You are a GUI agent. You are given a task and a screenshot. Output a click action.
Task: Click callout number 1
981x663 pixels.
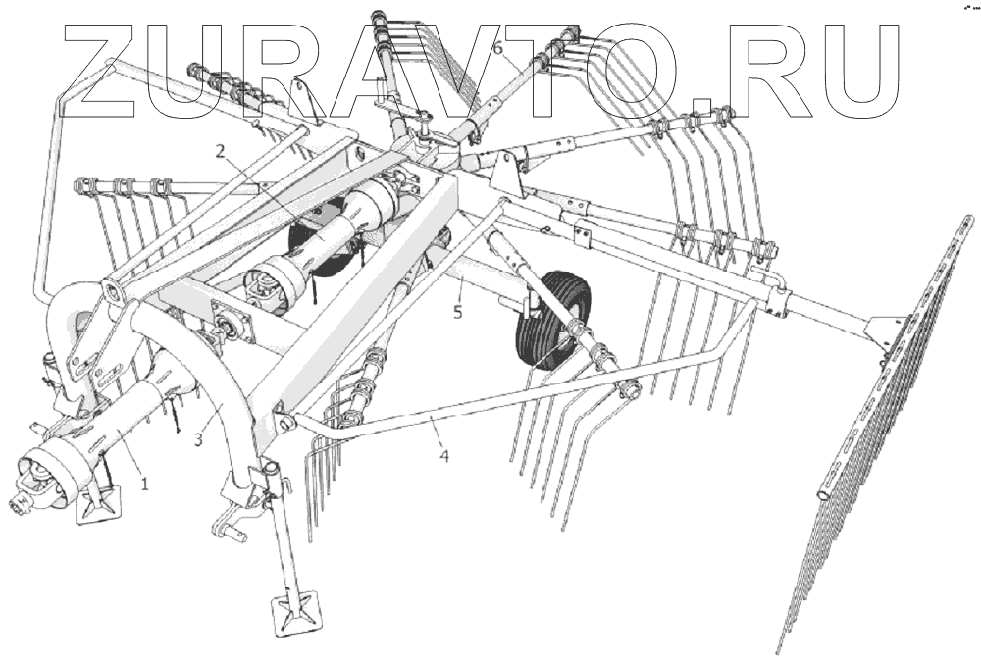[x=144, y=484]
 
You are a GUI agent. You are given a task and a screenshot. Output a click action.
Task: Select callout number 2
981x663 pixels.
[x=220, y=151]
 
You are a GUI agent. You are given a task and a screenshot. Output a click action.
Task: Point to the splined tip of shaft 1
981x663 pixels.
[x=19, y=506]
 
